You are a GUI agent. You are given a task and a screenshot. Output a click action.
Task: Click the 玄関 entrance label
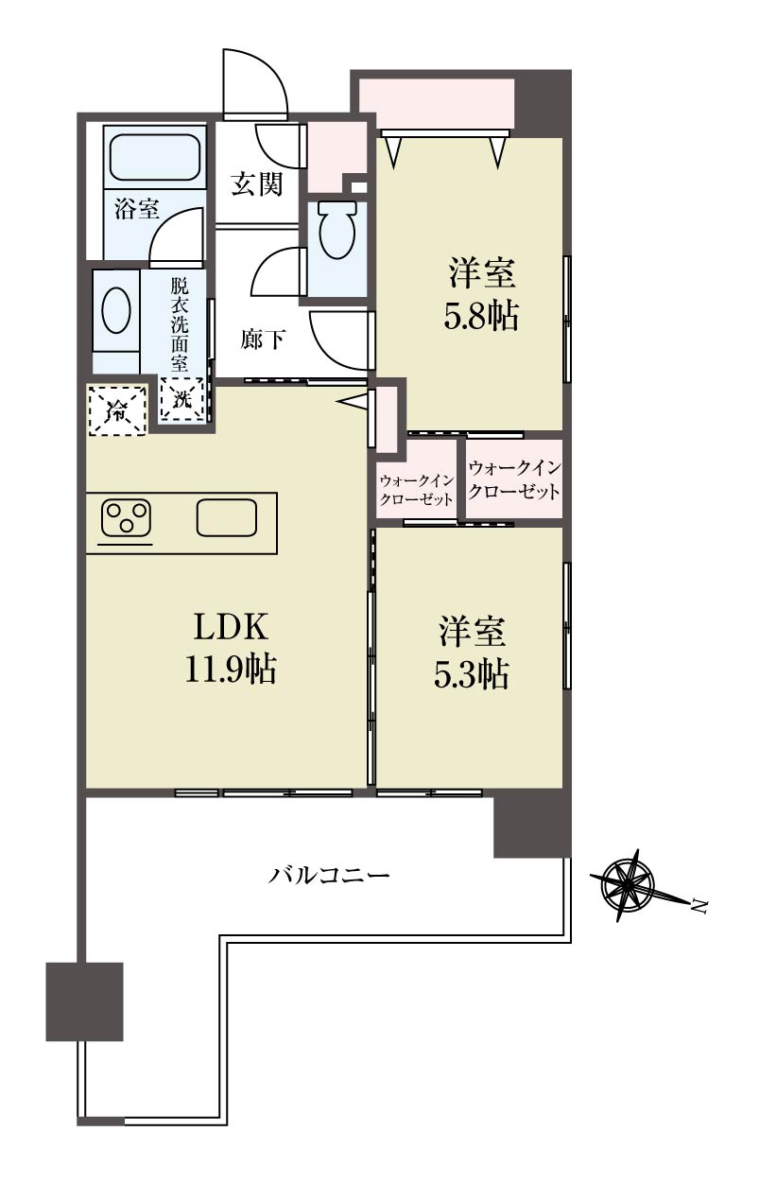tap(257, 184)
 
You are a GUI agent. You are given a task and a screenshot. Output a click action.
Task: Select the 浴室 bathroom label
tap(137, 210)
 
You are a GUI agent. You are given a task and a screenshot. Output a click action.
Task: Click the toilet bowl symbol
tap(336, 231)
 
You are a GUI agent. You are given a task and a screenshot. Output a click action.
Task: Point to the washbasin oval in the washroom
tap(115, 311)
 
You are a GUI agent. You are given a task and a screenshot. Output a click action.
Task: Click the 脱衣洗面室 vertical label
tap(180, 324)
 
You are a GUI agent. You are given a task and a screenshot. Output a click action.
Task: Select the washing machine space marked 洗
tap(182, 399)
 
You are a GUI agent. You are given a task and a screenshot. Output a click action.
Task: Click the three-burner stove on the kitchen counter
tap(127, 518)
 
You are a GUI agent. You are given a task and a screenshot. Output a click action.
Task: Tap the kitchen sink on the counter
tap(227, 517)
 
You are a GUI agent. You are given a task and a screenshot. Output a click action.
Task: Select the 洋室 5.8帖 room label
tap(481, 293)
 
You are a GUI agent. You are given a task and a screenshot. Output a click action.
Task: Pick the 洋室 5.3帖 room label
tap(471, 652)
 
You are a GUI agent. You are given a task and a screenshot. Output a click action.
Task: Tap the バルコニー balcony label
tap(329, 876)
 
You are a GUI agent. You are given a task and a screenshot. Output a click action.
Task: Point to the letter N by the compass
tap(699, 907)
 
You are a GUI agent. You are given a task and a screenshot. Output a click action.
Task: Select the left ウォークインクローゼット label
tap(416, 491)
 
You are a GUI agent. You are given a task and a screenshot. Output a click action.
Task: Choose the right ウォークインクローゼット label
tap(514, 480)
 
